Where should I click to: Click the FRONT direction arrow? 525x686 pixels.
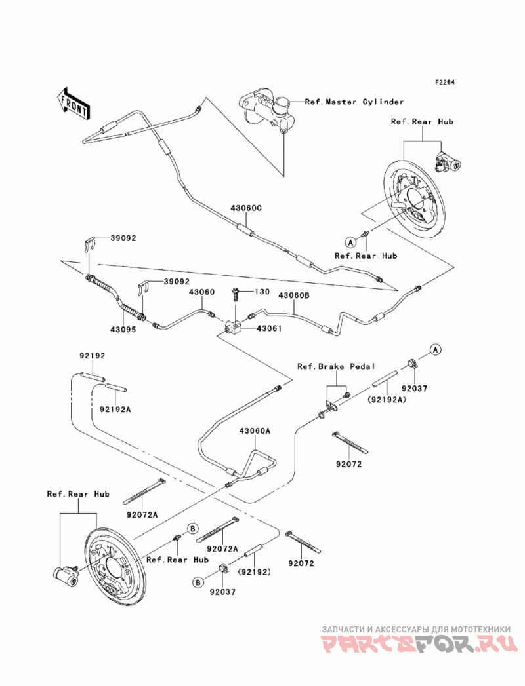click(x=74, y=104)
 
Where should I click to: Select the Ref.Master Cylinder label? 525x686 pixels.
click(x=354, y=102)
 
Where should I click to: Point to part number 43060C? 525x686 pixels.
click(x=246, y=208)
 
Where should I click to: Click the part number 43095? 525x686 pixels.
click(x=123, y=330)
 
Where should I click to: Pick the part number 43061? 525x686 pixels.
click(x=268, y=328)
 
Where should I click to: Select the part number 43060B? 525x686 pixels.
click(x=293, y=295)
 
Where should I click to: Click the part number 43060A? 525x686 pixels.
click(x=255, y=431)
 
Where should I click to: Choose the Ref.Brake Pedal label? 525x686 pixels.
click(x=336, y=367)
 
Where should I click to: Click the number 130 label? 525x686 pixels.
click(x=262, y=292)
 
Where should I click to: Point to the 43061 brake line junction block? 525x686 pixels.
click(x=232, y=327)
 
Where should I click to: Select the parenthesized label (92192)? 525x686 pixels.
click(x=254, y=571)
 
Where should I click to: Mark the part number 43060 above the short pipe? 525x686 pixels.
click(x=202, y=292)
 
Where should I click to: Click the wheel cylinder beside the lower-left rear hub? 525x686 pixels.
click(x=66, y=574)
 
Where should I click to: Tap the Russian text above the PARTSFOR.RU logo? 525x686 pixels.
click(x=416, y=629)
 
